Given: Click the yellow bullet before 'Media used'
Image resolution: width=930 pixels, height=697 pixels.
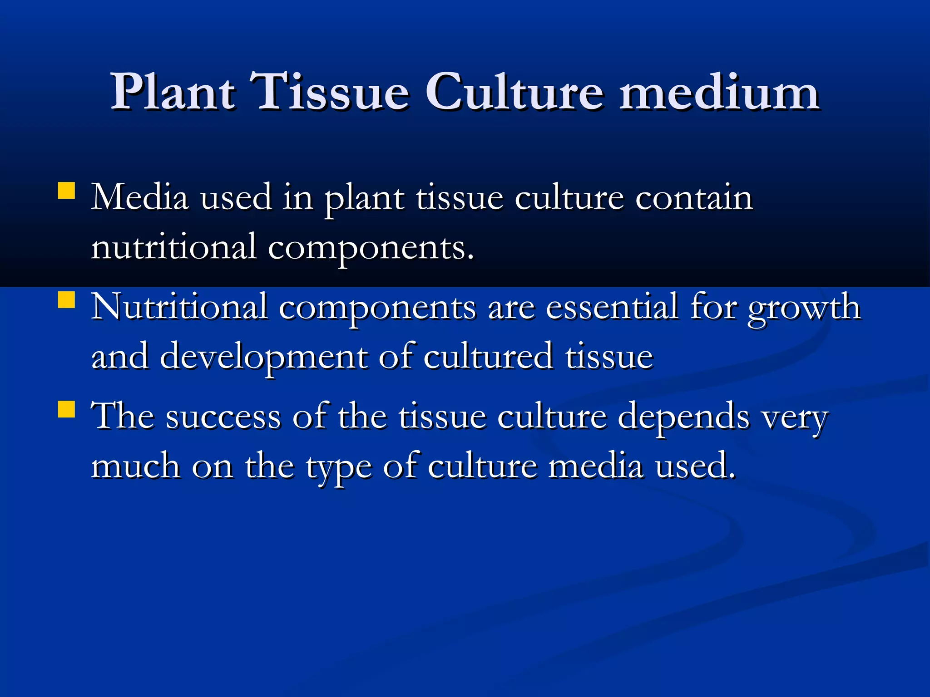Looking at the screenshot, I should tap(67, 191).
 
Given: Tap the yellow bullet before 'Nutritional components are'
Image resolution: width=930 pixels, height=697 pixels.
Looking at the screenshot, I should tap(67, 300).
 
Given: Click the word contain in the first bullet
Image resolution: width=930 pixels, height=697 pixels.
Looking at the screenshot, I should tap(694, 198).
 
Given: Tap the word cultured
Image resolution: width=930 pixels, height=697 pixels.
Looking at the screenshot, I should tap(488, 357).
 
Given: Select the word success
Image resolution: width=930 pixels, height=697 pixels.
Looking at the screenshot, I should tap(223, 417).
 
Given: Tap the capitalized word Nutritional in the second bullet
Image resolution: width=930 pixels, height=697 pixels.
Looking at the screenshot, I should tap(179, 307).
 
